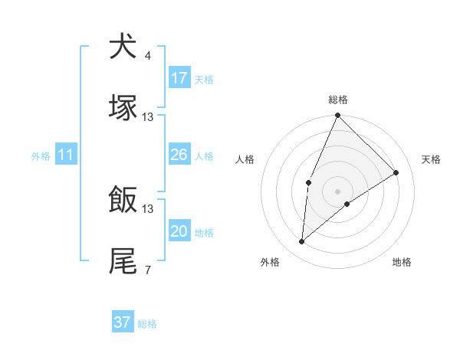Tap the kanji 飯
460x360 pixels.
123,200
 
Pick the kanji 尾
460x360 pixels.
123,260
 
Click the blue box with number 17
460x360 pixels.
179,78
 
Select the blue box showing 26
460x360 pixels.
179,155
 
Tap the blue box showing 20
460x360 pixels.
179,231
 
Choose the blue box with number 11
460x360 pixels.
66,155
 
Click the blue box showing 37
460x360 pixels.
123,322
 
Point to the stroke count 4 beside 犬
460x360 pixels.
148,56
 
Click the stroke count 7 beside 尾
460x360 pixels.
148,270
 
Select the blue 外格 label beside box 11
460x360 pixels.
41,156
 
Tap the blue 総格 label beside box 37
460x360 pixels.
147,324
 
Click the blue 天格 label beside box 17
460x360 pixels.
204,80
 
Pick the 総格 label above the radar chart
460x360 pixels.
338,100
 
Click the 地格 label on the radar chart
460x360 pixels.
402,262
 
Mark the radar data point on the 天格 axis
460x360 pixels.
396,172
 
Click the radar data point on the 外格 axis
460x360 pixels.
302,242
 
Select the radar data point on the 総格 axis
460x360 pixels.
337,116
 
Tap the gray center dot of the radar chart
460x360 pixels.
337,191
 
